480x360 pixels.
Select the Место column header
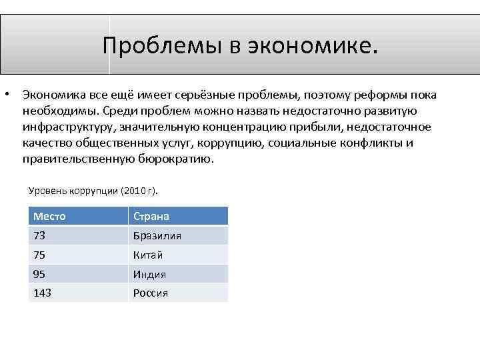coord(49,216)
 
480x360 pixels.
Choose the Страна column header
coord(151,216)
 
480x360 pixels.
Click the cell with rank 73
coord(39,235)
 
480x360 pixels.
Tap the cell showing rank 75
coord(39,255)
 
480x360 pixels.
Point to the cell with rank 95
coord(39,274)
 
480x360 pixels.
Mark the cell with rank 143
coord(42,293)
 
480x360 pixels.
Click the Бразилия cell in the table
coord(157,235)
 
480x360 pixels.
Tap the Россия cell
coord(151,293)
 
